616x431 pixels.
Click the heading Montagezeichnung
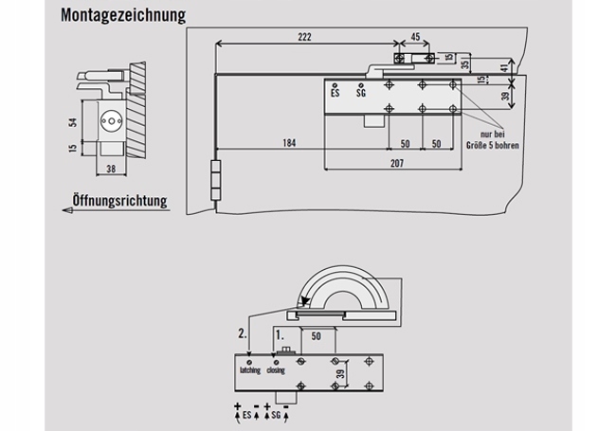pos(122,16)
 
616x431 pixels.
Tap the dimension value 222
pos(303,36)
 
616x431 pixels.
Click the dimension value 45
pos(414,37)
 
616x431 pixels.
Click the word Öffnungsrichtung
pos(120,201)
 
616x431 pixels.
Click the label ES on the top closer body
pos(335,93)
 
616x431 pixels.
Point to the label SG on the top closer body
pos(361,93)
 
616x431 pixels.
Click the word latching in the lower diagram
pos(250,370)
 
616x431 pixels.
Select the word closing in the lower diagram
pos(275,370)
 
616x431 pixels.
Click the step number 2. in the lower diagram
pos(242,334)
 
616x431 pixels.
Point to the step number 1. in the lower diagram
pos(279,334)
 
